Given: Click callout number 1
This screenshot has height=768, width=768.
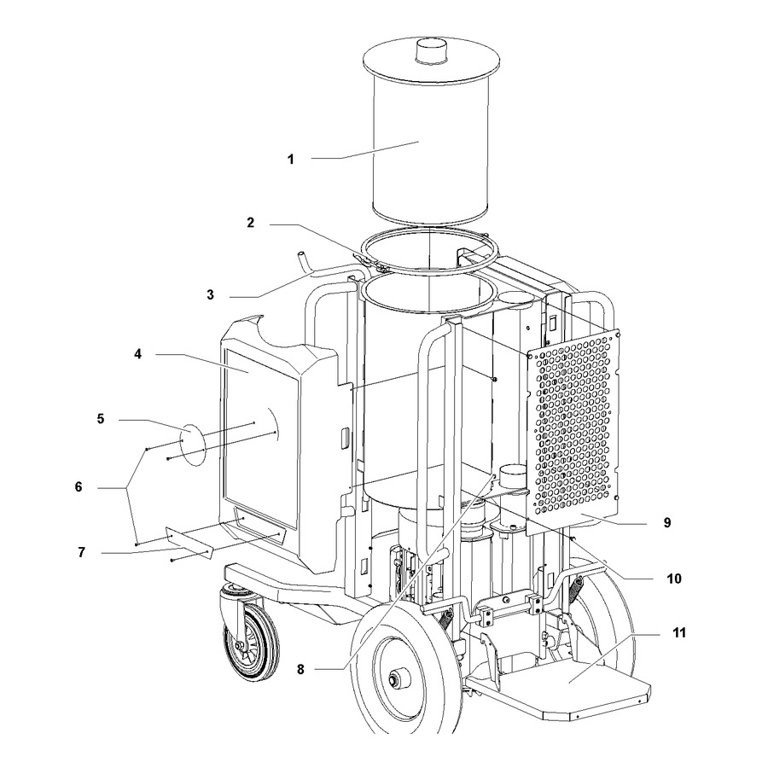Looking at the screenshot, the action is click(x=290, y=160).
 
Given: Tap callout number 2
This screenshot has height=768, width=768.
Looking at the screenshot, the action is click(x=251, y=223).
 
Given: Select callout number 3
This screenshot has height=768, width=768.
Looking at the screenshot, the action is click(x=210, y=295).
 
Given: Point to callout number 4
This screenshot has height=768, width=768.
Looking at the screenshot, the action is click(x=138, y=353).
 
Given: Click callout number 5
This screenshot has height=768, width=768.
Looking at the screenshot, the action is click(x=101, y=419).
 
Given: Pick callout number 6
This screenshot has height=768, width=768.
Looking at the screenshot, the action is click(x=79, y=487).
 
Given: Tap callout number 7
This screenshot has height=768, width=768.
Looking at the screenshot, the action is click(x=81, y=552).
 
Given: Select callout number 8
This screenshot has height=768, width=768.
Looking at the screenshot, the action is click(x=300, y=670).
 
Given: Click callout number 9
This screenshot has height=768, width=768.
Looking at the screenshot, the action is click(x=667, y=523).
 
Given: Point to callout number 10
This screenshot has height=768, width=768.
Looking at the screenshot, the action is click(x=674, y=579).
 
